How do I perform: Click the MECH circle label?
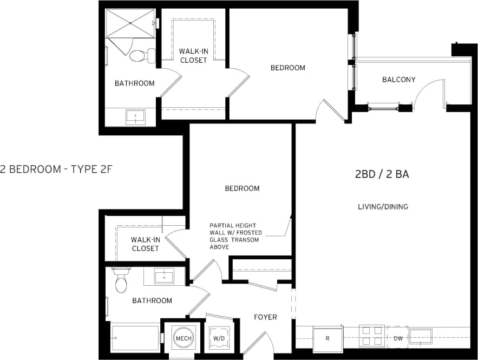pos(181,338)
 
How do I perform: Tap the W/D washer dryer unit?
pos(220,338)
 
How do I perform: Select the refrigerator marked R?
pos(328,339)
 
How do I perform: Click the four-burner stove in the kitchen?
pos(372,335)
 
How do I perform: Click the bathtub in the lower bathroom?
pos(135,338)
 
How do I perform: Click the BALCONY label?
pos(398,80)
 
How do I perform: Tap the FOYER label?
pos(265,317)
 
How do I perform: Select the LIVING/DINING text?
pos(383,207)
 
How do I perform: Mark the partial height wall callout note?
pos(236,236)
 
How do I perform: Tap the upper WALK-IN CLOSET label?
pos(193,56)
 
